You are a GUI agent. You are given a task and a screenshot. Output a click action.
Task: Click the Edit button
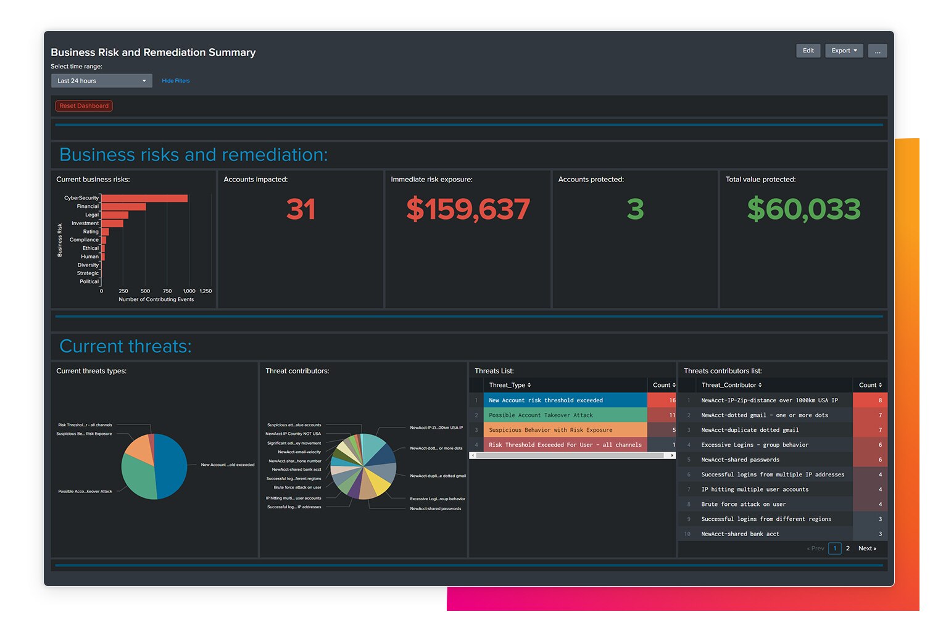(808, 51)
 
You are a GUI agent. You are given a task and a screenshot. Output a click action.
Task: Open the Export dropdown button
(844, 51)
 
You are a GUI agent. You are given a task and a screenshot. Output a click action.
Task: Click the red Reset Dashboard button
(84, 106)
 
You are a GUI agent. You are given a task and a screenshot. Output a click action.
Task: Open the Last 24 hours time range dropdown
(101, 81)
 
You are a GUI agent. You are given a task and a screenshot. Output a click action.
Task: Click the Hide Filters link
(175, 81)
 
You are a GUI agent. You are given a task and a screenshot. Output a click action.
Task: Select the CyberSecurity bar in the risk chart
(144, 198)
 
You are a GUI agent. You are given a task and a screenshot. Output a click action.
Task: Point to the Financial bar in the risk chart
(123, 207)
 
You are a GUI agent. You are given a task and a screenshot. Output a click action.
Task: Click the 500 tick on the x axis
(145, 291)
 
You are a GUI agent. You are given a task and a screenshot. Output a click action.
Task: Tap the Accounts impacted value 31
(301, 209)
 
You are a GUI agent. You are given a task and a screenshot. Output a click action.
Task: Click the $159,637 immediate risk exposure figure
(468, 209)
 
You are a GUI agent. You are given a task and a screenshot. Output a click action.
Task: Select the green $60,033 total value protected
(803, 209)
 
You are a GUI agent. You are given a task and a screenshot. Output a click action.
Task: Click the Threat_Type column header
(510, 385)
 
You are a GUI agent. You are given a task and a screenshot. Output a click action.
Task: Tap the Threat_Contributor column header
(731, 385)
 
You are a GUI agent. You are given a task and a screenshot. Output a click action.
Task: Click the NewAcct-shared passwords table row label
(740, 460)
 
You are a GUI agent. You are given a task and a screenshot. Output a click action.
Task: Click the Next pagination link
(867, 549)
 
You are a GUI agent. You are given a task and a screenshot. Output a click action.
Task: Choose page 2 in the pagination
(848, 549)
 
